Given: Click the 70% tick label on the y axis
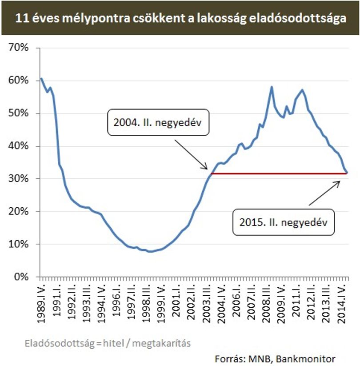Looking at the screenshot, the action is pos(18,48).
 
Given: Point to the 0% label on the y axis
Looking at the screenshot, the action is pos(21,277).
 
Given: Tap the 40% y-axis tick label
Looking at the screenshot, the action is pos(18,146).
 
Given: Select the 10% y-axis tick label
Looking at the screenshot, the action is pos(18,244).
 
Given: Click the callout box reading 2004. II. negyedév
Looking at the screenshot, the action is pos(158,122).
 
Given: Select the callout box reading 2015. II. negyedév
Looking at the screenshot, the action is pos(284,222).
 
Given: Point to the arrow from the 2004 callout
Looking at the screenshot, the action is pos(191,154).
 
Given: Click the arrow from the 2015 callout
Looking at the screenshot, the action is pos(324,193).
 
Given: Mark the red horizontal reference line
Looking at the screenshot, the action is pos(279,173).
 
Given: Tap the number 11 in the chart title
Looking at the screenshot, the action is pos(22,18).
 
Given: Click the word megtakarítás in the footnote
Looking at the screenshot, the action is pos(161,343).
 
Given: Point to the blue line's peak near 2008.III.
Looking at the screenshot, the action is pos(272,87).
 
